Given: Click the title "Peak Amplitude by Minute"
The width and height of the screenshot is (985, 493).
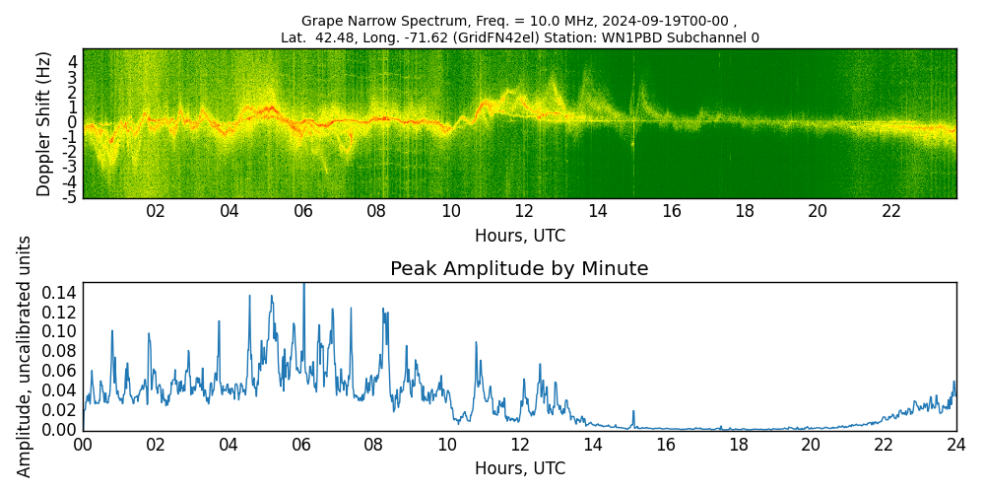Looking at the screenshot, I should point(519,269).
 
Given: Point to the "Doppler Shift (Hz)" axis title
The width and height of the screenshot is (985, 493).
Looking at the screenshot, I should point(44,123).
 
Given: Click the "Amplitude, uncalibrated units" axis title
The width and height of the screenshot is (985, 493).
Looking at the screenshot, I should point(25,356).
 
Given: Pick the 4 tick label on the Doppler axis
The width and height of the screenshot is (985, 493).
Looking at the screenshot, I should point(72,61).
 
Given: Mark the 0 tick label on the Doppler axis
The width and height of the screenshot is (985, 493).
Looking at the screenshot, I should point(72,122).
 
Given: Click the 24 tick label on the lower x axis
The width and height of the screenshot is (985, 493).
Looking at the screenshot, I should point(955,446).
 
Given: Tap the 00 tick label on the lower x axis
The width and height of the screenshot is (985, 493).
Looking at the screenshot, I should point(83,446).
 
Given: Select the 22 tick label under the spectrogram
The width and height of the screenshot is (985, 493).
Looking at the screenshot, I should point(891,211).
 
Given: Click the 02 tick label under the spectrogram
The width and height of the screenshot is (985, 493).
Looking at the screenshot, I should point(156,211).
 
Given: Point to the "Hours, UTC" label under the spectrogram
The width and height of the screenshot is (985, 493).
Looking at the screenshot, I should point(519,237).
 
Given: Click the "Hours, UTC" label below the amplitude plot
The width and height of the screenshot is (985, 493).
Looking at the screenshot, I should point(519,469).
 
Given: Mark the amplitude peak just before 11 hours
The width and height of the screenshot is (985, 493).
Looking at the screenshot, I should point(476,343).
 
